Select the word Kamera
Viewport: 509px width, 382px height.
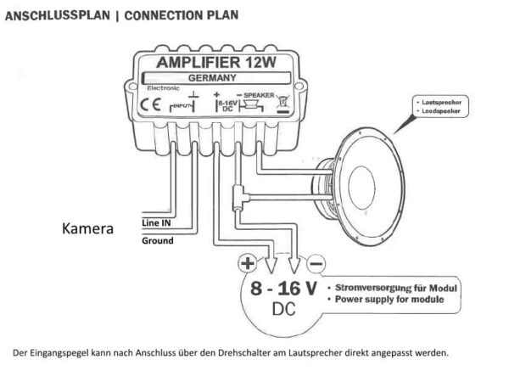(88, 228)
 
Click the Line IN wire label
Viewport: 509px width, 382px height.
(154, 223)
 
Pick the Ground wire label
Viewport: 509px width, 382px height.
(157, 241)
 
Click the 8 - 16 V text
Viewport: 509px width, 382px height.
(284, 289)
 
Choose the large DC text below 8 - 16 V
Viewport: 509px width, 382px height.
(284, 312)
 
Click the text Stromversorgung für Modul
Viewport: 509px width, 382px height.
(398, 287)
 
